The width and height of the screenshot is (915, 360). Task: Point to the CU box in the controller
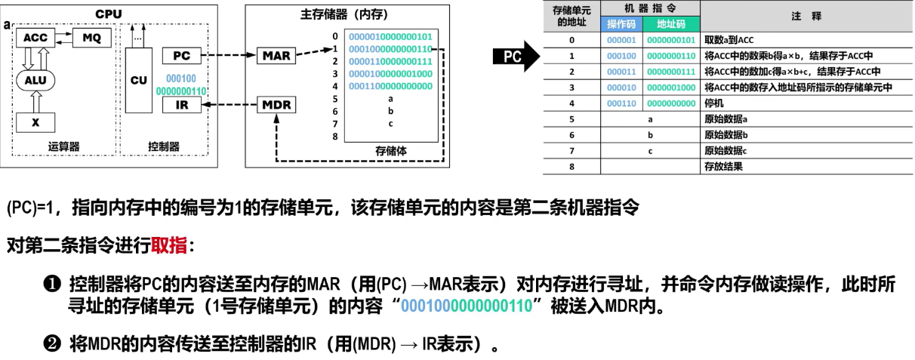coord(138,80)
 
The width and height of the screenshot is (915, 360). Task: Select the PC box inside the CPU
coord(181,56)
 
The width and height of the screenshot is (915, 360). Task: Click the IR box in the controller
coord(181,105)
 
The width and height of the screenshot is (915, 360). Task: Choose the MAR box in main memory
coord(276,56)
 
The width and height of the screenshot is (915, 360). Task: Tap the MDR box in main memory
coord(276,105)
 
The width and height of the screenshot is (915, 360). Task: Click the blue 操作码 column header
coord(621,24)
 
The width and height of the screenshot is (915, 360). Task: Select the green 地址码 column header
coord(670,24)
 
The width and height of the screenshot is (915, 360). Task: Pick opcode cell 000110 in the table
coord(621,103)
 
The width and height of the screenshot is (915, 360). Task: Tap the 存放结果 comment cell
coord(723,166)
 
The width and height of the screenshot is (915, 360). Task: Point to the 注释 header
coord(806,15)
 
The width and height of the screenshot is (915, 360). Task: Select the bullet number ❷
coord(51,343)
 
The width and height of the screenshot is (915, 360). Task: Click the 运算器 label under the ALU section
coord(63,147)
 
